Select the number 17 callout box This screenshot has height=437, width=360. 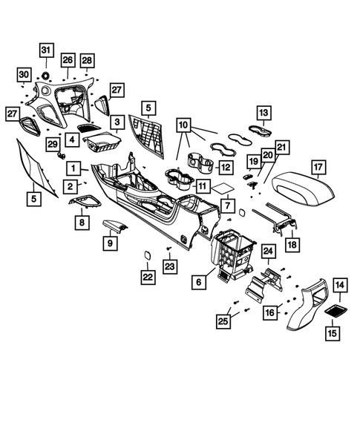(318, 167)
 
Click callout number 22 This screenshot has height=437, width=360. (149, 277)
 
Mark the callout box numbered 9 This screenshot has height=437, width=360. (111, 242)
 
